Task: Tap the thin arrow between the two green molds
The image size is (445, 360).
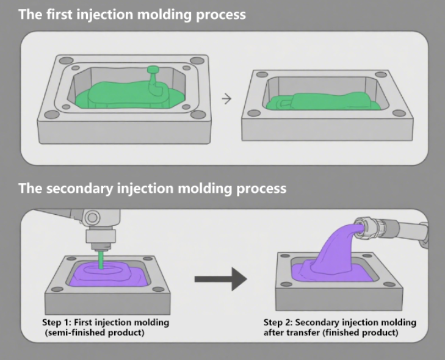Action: pyautogui.click(x=226, y=99)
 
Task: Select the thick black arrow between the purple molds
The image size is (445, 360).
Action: pyautogui.click(x=220, y=280)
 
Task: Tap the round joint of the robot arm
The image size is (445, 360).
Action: pyautogui.click(x=92, y=217)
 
